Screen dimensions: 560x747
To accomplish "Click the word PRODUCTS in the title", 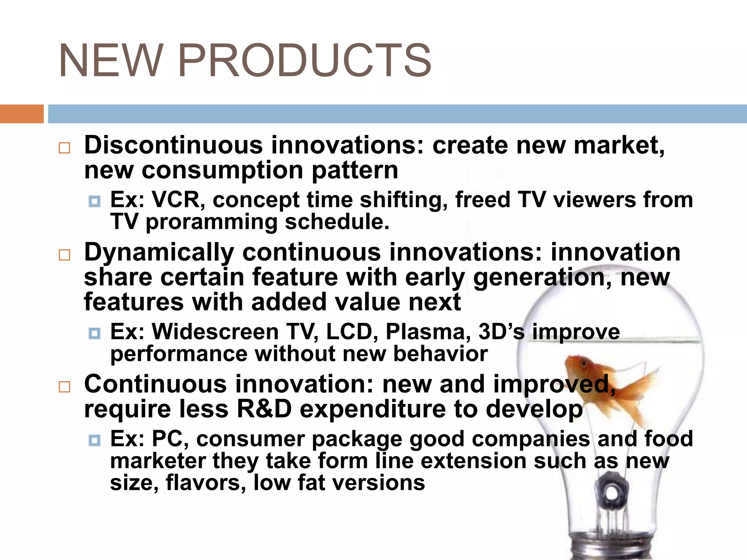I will (305, 61).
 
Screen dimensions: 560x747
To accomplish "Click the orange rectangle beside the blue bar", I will (22, 114).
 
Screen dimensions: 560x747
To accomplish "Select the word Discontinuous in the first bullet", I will (173, 145).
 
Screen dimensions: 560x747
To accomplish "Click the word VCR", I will (178, 200).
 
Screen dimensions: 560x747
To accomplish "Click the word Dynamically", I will (159, 253).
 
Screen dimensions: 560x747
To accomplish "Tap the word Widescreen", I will (215, 332).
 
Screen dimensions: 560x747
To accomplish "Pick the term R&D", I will (264, 409).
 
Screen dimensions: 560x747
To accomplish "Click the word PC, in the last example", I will (170, 439).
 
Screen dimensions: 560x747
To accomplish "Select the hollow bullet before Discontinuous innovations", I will (65, 148).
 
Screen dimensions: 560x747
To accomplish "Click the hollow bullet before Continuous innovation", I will (65, 386).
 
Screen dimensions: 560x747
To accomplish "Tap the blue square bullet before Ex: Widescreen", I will (94, 333).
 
